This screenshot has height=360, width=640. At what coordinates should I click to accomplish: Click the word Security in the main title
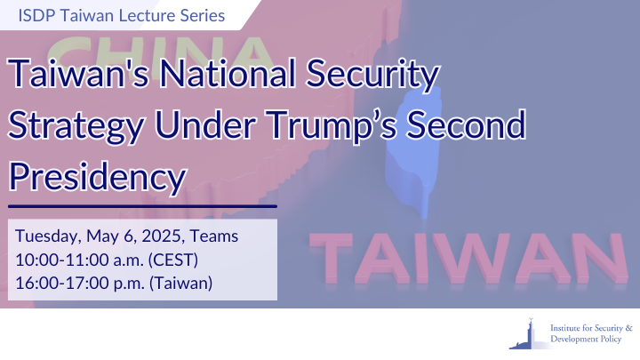point(372,75)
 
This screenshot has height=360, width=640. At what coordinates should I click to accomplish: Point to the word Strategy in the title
point(76,126)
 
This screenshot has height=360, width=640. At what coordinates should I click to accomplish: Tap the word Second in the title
point(466,124)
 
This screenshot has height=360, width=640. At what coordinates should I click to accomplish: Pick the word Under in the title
point(205,124)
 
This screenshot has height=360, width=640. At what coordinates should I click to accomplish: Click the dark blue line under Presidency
point(142,206)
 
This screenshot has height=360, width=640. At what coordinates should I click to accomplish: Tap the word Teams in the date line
point(214,236)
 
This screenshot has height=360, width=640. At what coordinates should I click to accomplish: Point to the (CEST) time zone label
point(173,260)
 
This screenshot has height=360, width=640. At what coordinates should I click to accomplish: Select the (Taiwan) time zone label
point(180,284)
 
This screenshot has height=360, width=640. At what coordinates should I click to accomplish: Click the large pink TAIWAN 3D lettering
point(468,259)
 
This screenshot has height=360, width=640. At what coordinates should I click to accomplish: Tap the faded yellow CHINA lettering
point(159,53)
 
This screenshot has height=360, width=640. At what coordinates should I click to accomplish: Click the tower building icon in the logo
point(529,334)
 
